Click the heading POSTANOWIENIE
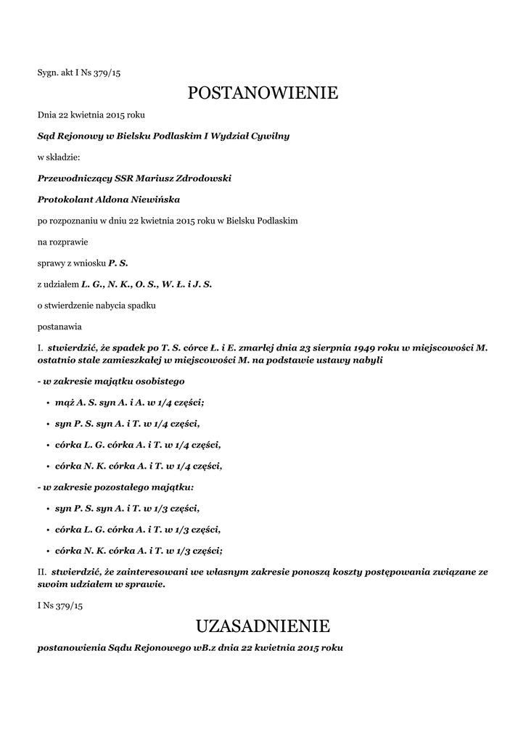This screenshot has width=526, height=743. click(263, 93)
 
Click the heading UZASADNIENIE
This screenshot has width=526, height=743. click(263, 625)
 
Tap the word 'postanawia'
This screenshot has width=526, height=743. click(59, 327)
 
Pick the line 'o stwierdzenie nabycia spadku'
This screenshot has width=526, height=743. click(96, 305)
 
